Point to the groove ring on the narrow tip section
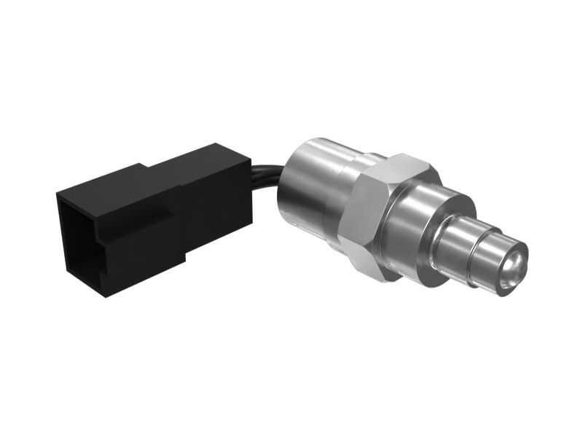(477, 251)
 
